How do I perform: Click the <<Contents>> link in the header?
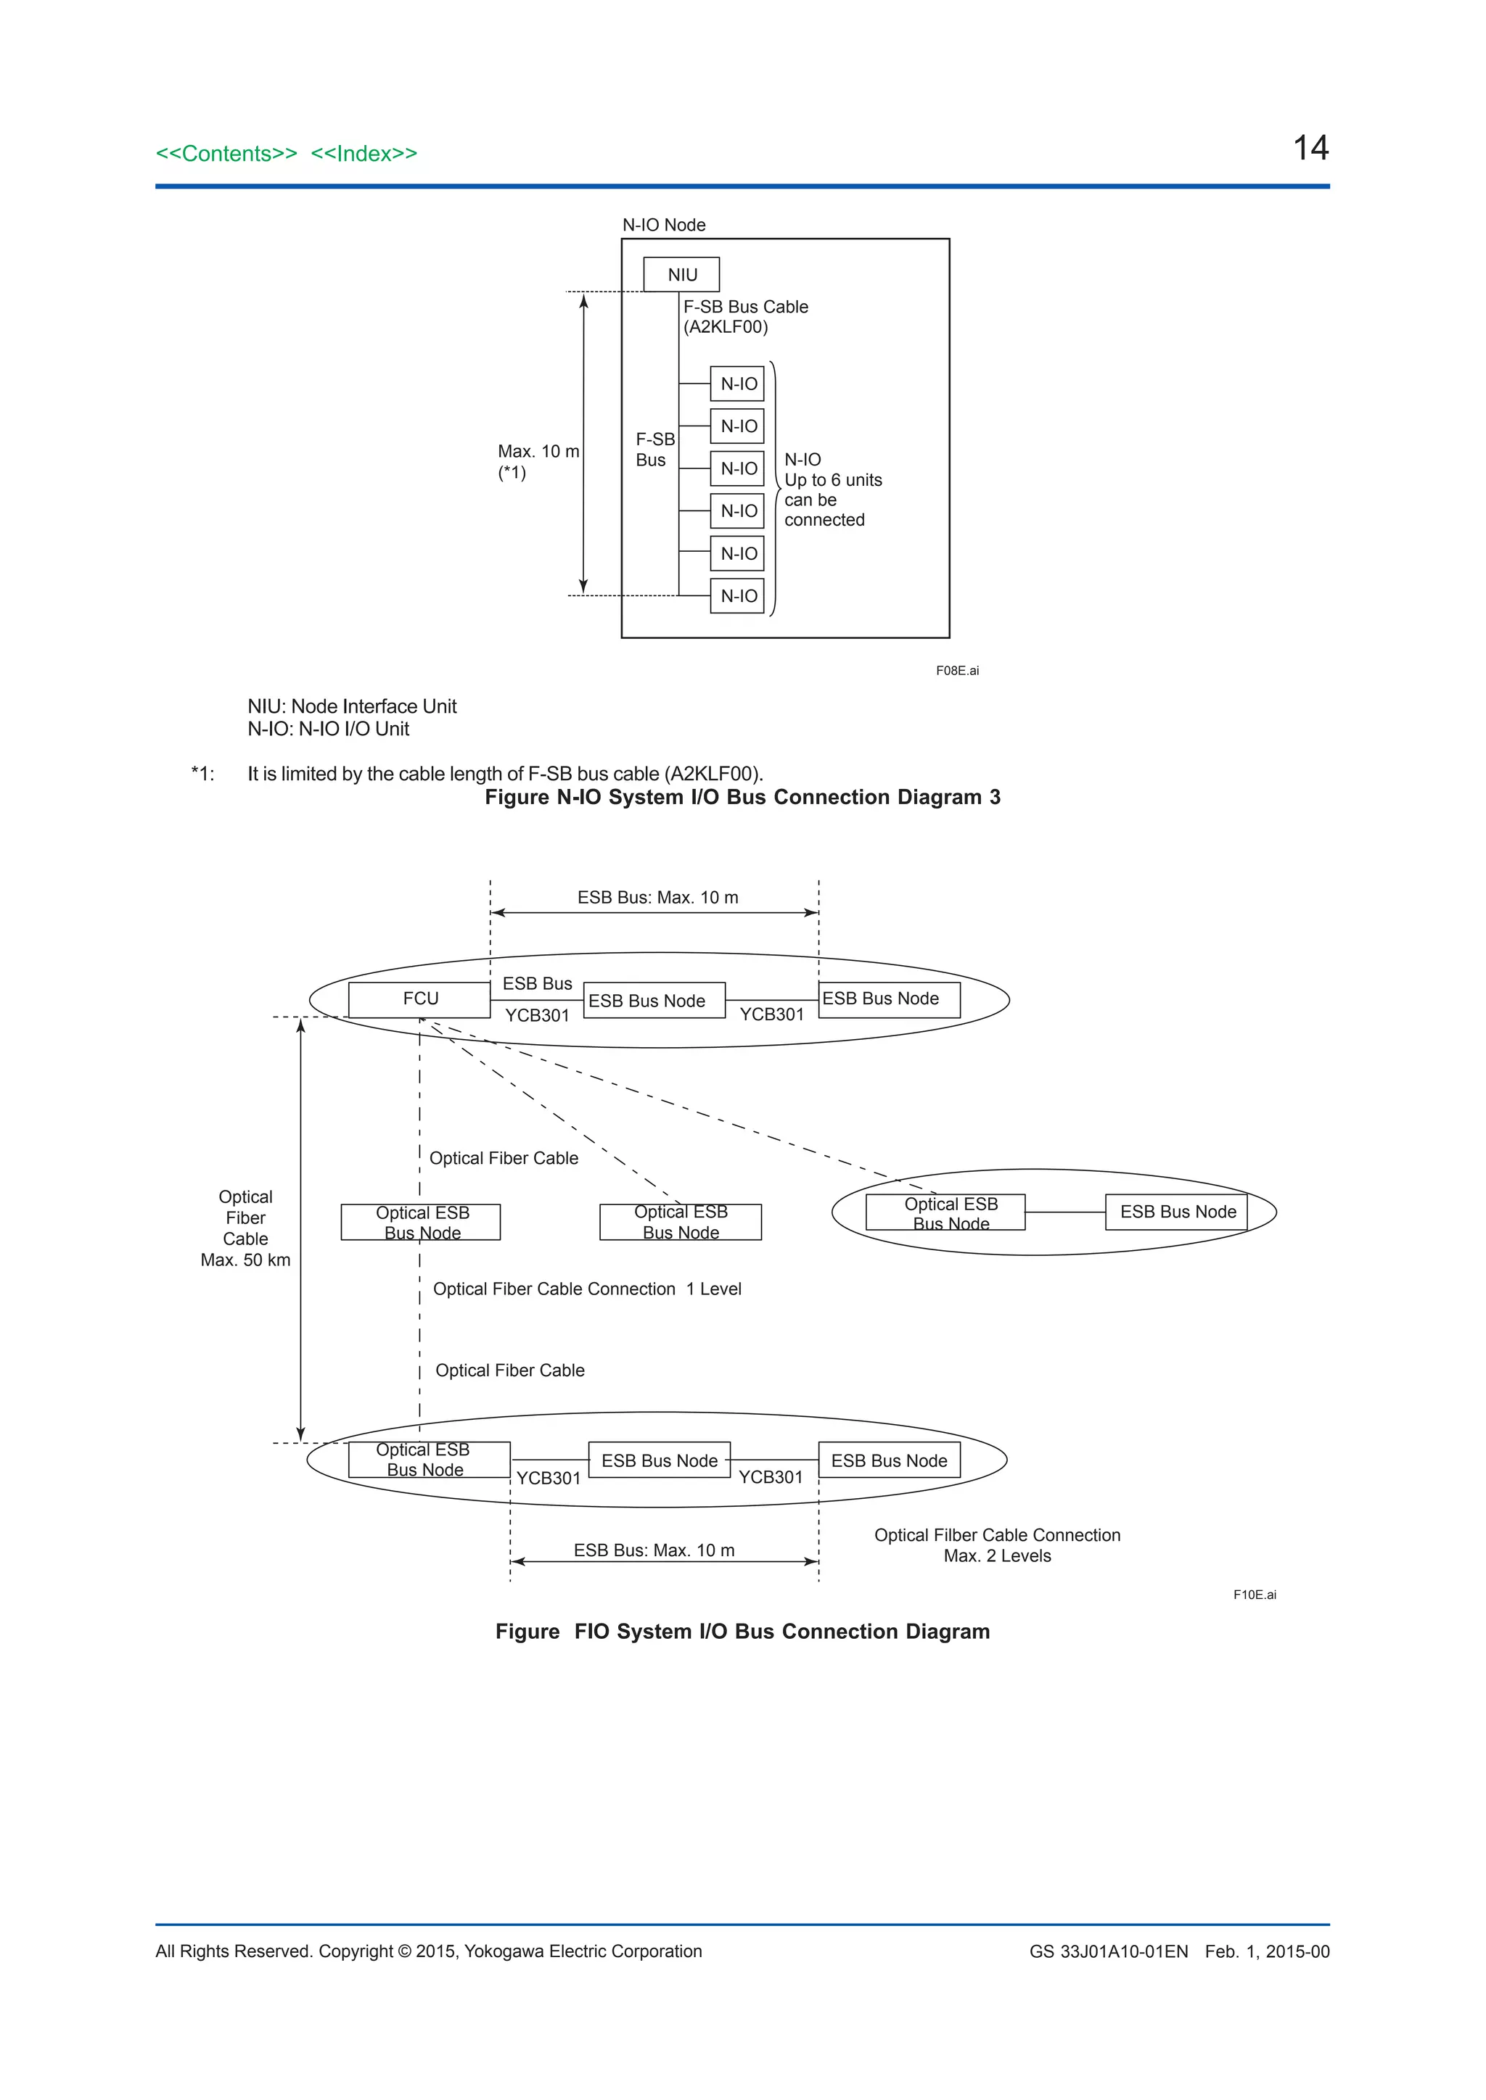(x=226, y=154)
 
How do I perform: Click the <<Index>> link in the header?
(x=364, y=154)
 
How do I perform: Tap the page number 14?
(x=1310, y=148)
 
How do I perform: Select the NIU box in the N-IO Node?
(x=682, y=274)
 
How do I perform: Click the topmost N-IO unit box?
(x=737, y=384)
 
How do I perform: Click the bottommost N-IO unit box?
(x=737, y=596)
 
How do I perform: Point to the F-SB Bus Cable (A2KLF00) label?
(x=745, y=316)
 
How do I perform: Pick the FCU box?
(x=420, y=999)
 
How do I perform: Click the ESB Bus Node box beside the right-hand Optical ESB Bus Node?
(x=1178, y=1212)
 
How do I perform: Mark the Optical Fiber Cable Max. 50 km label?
(x=245, y=1228)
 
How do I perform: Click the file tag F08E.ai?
(x=957, y=671)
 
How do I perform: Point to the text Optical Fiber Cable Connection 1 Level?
(x=586, y=1289)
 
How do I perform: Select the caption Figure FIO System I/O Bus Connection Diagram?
(x=742, y=1632)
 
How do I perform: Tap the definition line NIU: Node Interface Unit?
(x=353, y=706)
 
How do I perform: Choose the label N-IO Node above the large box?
(x=663, y=225)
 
